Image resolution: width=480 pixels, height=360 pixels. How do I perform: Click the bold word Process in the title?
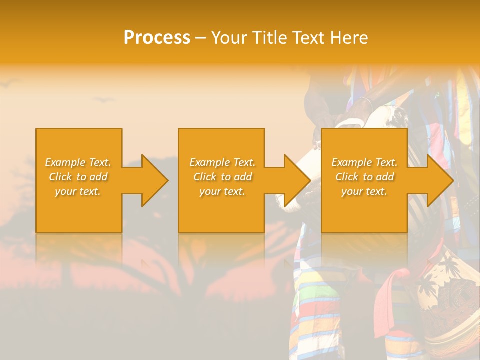[157, 38]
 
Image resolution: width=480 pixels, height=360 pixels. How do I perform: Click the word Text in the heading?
[308, 38]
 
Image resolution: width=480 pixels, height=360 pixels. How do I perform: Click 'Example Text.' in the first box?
[78, 162]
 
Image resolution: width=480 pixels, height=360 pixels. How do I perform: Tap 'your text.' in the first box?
[78, 191]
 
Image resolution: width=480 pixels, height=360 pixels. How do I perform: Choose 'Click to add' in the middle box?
[222, 177]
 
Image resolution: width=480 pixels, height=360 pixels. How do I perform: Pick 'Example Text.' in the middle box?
[222, 162]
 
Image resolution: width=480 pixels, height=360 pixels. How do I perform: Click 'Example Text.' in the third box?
[364, 162]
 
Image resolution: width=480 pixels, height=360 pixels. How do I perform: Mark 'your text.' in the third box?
[364, 191]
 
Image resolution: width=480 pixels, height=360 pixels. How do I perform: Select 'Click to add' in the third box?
[364, 177]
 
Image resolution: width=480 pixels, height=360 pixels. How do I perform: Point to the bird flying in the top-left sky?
[11, 83]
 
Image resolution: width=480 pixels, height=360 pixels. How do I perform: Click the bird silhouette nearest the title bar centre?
[103, 100]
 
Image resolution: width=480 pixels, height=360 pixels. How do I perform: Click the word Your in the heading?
[229, 38]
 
